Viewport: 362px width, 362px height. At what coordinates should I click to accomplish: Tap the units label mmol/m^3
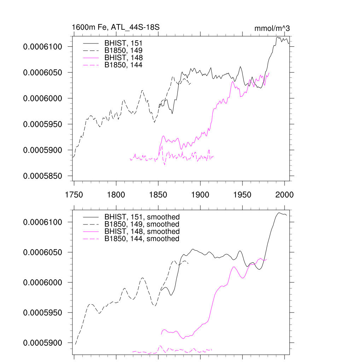click(x=272, y=28)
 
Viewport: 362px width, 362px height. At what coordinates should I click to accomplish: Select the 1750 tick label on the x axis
click(x=74, y=194)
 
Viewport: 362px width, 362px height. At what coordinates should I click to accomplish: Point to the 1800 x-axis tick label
click(x=116, y=194)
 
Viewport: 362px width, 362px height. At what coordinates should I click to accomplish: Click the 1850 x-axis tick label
click(x=158, y=194)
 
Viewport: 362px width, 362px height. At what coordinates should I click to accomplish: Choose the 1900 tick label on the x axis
click(x=200, y=194)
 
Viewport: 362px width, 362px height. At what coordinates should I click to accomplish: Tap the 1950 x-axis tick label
click(x=243, y=194)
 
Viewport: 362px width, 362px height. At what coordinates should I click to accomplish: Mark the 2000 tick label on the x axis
click(x=285, y=194)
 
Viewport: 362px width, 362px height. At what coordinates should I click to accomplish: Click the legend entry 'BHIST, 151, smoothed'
click(x=142, y=217)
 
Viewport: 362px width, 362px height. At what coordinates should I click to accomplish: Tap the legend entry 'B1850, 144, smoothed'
click(x=142, y=239)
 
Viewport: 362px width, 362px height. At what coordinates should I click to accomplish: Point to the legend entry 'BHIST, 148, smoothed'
click(x=142, y=232)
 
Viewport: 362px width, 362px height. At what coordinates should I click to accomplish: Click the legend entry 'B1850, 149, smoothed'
click(x=142, y=224)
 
